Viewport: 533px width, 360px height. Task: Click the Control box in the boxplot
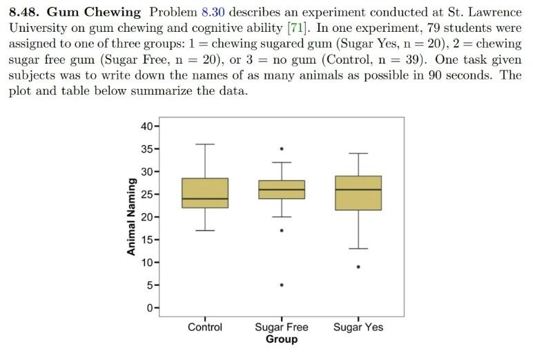[205, 193]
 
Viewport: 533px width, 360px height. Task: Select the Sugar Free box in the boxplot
[281, 189]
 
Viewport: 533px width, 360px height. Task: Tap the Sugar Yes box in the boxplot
[358, 193]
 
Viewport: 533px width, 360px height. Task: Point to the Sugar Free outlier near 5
[281, 285]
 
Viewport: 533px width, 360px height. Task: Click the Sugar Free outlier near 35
[281, 149]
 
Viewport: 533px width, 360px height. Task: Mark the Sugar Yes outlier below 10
[358, 267]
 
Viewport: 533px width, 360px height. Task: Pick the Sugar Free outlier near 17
[281, 230]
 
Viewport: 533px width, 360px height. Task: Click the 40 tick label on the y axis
[146, 126]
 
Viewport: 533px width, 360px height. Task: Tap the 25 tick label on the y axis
[146, 194]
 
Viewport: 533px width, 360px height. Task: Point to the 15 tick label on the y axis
[146, 240]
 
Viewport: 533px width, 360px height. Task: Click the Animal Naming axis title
[130, 217]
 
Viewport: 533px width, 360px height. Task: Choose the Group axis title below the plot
[281, 339]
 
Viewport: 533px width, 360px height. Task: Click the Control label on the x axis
[205, 327]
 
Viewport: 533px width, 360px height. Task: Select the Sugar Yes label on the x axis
[358, 327]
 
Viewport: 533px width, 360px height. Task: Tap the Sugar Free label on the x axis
[281, 327]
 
